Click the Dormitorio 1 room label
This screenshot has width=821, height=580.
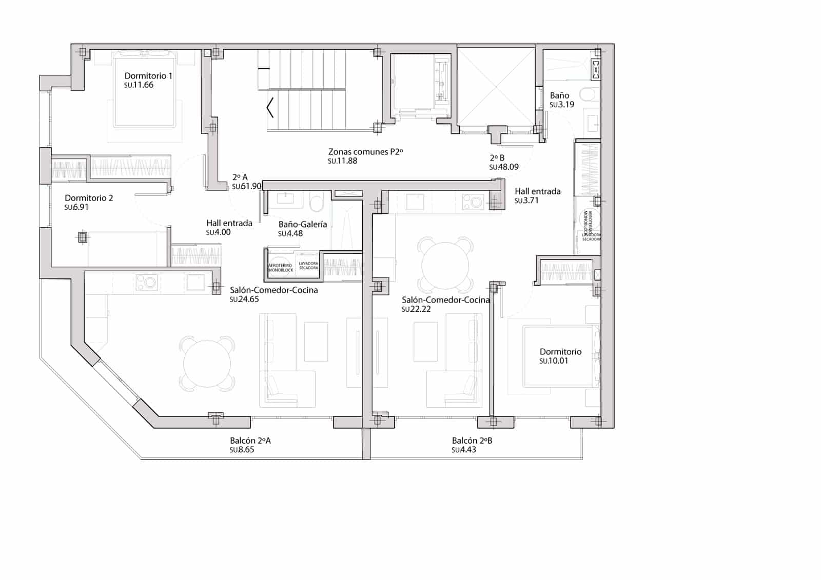[148, 76]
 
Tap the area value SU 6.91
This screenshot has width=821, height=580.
[76, 208]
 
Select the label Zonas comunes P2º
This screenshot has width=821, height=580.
[365, 152]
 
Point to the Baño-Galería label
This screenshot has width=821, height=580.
[303, 225]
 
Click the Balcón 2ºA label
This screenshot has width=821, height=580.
[250, 441]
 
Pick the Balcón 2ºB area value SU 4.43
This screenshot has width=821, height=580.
[464, 450]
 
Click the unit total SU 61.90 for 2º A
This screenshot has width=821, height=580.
[247, 187]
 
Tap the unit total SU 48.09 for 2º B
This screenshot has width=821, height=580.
[504, 167]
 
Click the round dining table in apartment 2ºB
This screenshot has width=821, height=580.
[445, 264]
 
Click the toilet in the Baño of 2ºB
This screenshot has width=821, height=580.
[588, 94]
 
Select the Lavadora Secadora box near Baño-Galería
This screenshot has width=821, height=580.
[308, 266]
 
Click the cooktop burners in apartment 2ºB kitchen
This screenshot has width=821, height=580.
[473, 201]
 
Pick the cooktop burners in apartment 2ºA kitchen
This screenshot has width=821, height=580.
[147, 282]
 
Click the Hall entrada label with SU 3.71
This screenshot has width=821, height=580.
[537, 191]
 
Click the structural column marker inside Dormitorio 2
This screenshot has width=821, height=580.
[82, 237]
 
